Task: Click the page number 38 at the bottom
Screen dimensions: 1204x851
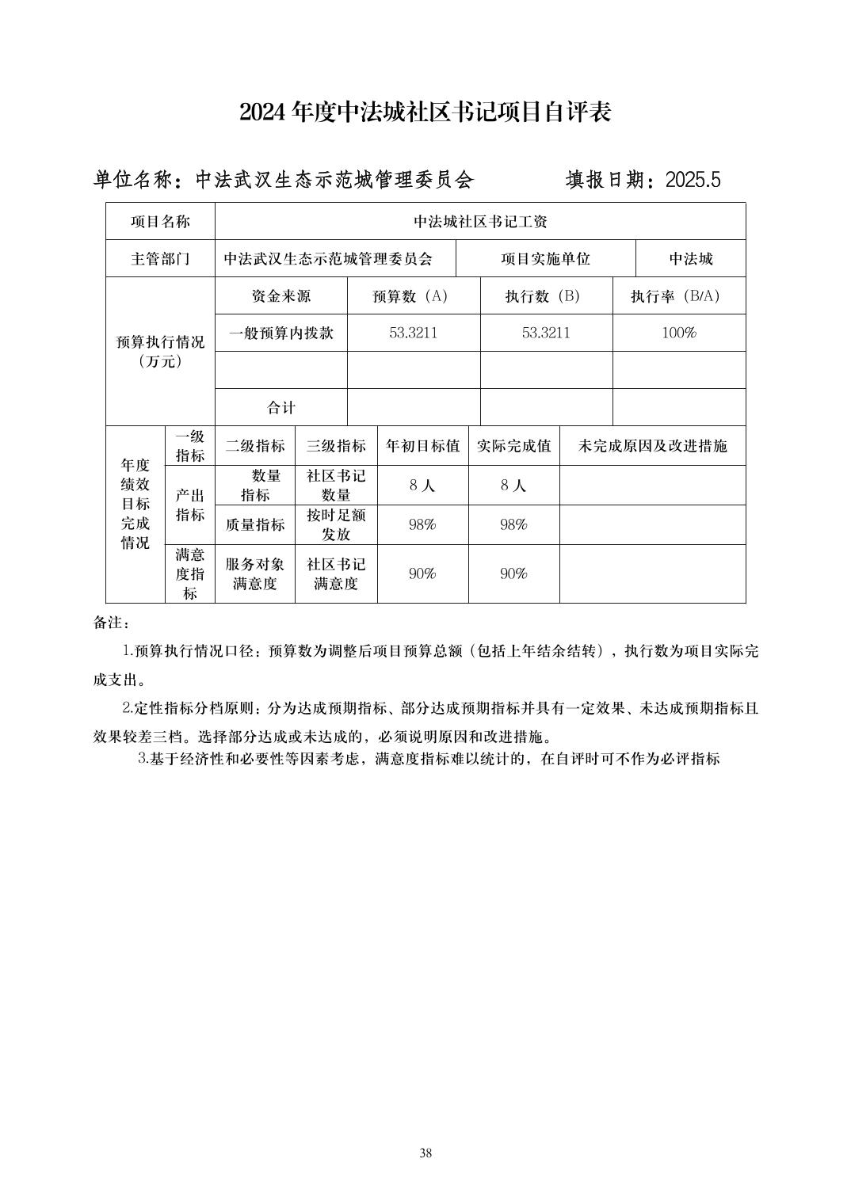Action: point(425,1153)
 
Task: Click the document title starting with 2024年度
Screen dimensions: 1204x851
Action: point(425,112)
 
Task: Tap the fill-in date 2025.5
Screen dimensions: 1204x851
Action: point(693,180)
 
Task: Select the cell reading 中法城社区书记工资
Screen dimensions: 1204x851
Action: point(480,222)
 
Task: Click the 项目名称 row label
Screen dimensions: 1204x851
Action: point(160,222)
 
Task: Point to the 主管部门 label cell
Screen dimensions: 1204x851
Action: point(160,259)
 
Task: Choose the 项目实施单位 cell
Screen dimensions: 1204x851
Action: point(545,259)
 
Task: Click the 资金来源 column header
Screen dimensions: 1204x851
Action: point(280,296)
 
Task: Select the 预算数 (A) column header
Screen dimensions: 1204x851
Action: point(413,296)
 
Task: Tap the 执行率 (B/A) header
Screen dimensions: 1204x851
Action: point(678,296)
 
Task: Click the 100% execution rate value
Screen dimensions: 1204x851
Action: point(678,333)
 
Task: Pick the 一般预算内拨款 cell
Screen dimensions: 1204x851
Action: point(280,333)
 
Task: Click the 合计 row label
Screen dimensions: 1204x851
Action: point(280,407)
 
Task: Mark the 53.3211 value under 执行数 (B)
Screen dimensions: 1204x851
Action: point(546,333)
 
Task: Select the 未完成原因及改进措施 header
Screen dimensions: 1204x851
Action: point(652,446)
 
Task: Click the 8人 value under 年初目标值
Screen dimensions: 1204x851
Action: point(422,486)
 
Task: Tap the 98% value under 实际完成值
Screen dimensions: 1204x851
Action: point(513,524)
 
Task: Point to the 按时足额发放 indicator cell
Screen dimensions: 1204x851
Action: point(336,524)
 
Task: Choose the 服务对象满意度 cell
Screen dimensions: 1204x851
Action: point(254,573)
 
